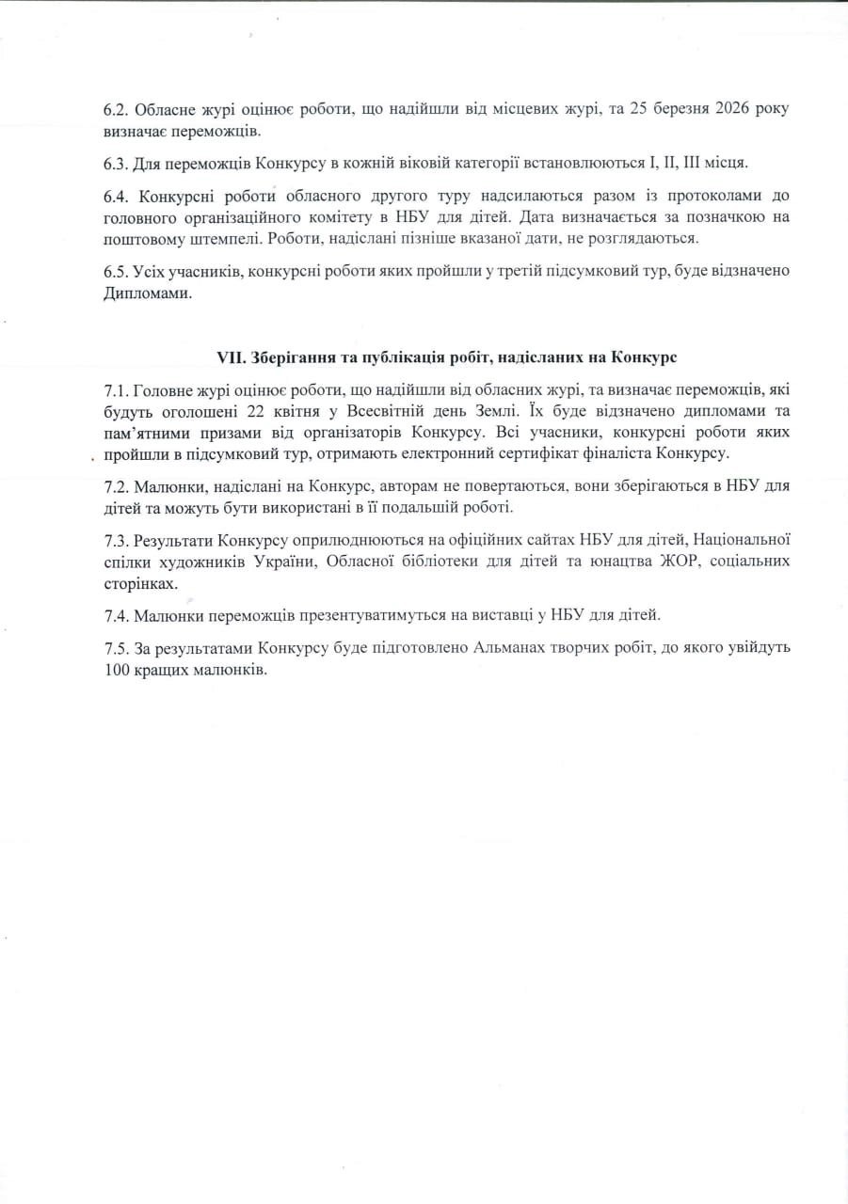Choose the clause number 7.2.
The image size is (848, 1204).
tap(117, 487)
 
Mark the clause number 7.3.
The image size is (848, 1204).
tap(117, 541)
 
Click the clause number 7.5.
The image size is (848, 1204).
tap(117, 649)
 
